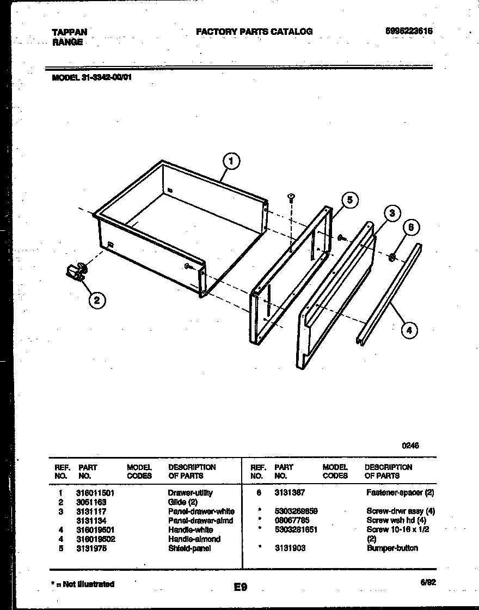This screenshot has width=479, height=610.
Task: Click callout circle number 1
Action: (x=231, y=161)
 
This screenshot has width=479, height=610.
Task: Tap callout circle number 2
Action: (x=97, y=300)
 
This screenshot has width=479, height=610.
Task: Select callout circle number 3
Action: (x=391, y=213)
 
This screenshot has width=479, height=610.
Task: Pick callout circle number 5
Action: (x=349, y=200)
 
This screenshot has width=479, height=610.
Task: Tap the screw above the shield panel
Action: (x=291, y=197)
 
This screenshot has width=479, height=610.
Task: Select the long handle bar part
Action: (x=389, y=294)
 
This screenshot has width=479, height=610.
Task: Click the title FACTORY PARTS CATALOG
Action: (x=254, y=32)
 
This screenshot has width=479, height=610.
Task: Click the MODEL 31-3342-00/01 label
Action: (x=91, y=77)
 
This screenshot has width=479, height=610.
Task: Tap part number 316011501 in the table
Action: (x=95, y=493)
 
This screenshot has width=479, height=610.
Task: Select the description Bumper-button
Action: (x=392, y=548)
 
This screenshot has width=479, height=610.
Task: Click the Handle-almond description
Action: (x=194, y=539)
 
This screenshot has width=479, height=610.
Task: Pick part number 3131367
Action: (x=290, y=493)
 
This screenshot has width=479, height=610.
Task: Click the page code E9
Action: (x=241, y=587)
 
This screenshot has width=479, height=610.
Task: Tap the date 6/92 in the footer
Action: (x=428, y=582)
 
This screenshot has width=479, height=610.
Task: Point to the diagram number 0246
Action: (x=410, y=446)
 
